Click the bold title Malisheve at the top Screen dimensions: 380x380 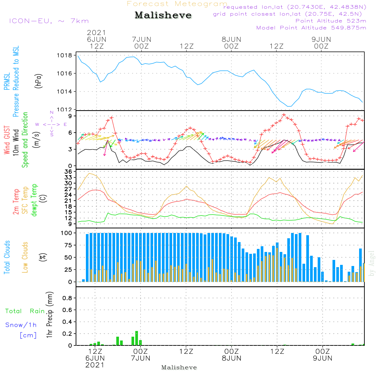click(163, 16)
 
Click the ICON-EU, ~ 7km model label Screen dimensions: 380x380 click(49, 21)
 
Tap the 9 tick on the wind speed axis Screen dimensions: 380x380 click(70, 116)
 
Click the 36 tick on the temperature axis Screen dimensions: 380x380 click(68, 172)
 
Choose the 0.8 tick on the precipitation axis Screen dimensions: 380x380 click(68, 298)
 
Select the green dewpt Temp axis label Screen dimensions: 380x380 click(34, 200)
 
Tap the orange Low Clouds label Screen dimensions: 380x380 click(25, 257)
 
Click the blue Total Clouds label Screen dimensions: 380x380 click(7, 257)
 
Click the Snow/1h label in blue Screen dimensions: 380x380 click(21, 325)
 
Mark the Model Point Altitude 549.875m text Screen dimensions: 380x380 click(311, 28)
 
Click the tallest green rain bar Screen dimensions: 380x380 click(137, 338)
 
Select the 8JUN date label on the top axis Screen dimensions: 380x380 click(231, 40)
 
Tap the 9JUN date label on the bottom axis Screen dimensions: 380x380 click(322, 358)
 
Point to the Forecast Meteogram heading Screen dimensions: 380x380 click(177, 4)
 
